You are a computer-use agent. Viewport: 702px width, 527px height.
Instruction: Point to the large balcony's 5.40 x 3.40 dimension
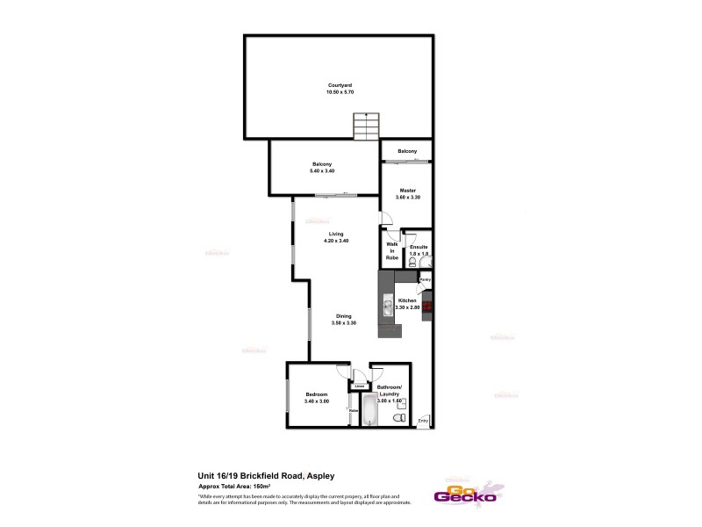[x=322, y=170]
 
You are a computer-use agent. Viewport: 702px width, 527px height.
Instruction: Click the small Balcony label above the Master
[x=406, y=152]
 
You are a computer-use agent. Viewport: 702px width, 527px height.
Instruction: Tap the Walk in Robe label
[x=392, y=251]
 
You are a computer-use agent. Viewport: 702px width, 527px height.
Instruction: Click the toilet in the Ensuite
[x=423, y=261]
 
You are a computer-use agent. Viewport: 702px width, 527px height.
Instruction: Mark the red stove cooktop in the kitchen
[x=427, y=307]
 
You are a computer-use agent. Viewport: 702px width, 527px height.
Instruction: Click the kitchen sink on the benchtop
[x=386, y=307]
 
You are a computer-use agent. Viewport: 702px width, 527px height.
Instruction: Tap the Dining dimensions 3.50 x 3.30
[x=344, y=324]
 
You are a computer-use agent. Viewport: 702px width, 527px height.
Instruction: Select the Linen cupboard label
[x=359, y=386]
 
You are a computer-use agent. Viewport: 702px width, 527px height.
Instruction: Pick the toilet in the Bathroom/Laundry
[x=399, y=420]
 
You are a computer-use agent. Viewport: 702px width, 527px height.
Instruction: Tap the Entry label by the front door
[x=423, y=421]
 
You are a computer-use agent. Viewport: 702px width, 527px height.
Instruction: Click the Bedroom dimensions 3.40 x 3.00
[x=316, y=401]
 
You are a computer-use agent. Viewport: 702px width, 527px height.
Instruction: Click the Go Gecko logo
[x=468, y=493]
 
